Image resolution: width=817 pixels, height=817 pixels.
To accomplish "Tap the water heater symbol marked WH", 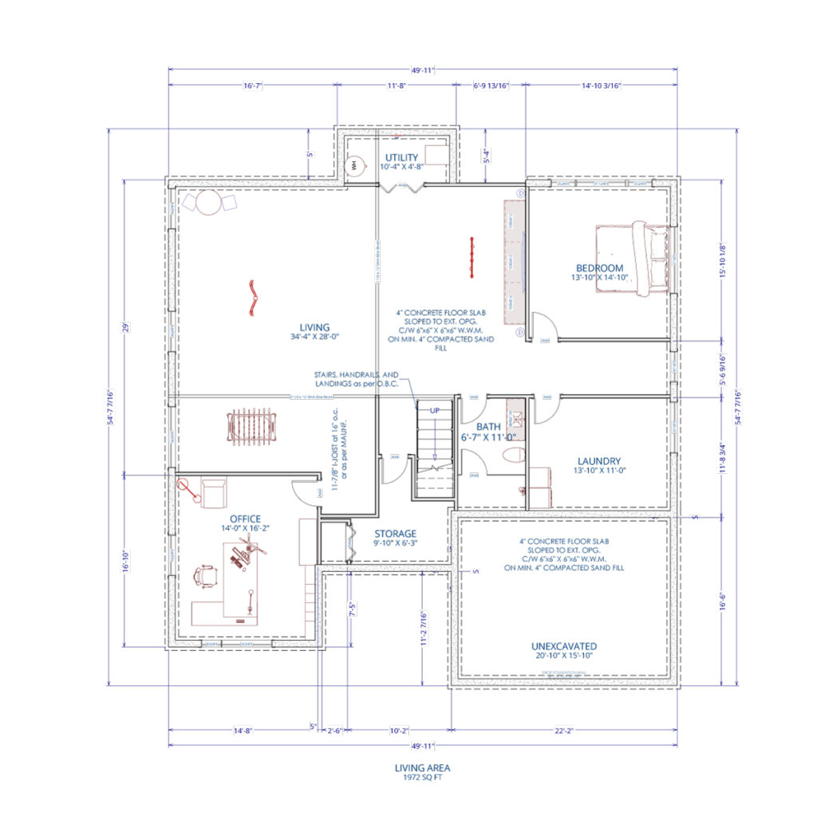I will [353, 165].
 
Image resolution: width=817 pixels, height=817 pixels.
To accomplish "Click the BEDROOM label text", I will [599, 268].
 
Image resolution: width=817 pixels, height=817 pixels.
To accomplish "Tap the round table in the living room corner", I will [209, 203].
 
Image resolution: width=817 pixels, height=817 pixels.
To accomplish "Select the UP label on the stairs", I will [435, 409].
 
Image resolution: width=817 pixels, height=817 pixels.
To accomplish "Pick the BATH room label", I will [488, 428].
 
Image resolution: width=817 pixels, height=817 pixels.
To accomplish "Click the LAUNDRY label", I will [599, 461].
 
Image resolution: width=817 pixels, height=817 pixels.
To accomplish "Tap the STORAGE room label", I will [396, 534].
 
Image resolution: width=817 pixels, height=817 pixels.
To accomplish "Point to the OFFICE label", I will [246, 519].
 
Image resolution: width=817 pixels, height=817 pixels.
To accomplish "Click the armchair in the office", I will [213, 491].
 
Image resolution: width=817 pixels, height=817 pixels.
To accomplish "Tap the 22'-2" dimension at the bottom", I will [564, 729].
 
